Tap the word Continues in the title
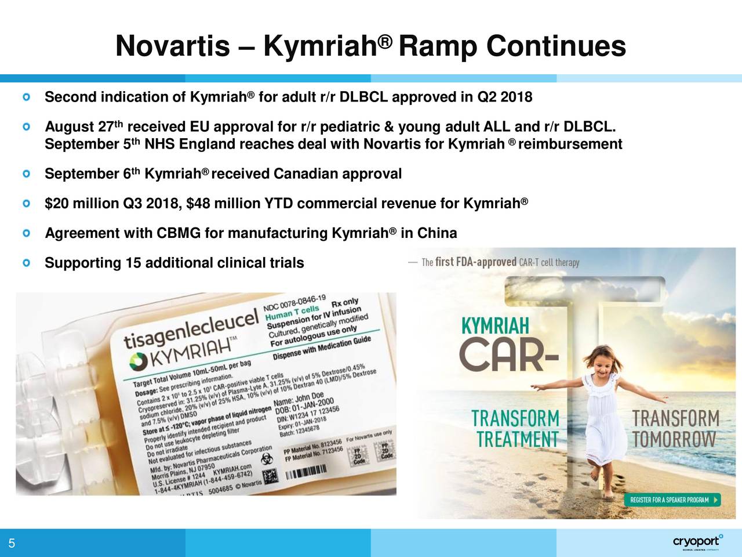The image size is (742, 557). [x=556, y=46]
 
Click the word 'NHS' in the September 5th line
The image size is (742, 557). [x=160, y=144]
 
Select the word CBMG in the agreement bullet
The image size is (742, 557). [x=178, y=233]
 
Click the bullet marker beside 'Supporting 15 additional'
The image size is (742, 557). [x=27, y=263]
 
